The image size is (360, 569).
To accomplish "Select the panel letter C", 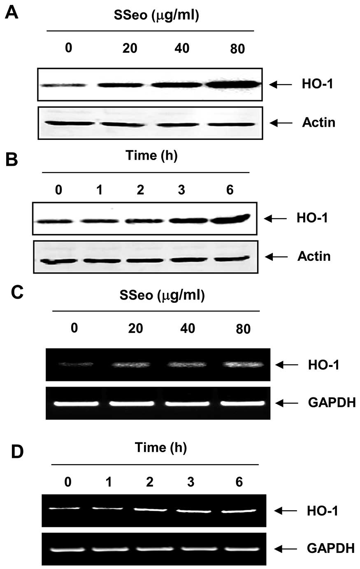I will click(16, 294).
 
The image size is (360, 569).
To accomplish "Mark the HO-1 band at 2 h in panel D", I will click(150, 510).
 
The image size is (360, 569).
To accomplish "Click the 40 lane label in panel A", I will click(182, 48).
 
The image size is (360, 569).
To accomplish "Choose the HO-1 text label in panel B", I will click(312, 218).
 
